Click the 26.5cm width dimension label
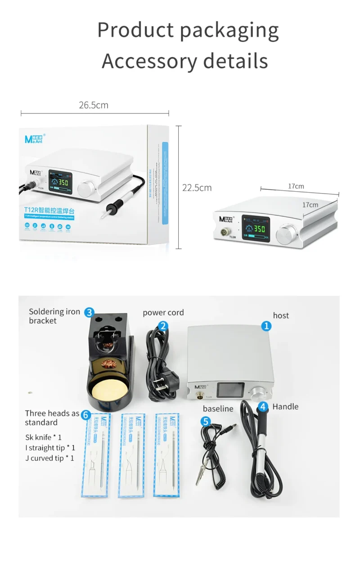[x=94, y=105]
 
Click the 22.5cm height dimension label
[x=197, y=188]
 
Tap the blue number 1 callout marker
[x=266, y=326]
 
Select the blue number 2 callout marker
[x=163, y=326]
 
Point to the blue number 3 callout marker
[x=90, y=312]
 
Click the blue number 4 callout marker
[x=263, y=407]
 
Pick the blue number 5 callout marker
[x=206, y=422]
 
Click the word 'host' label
[x=281, y=315]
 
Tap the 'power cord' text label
[x=163, y=312]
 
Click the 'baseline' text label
[x=218, y=409]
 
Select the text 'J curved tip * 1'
[x=49, y=458]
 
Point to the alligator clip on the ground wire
[x=200, y=474]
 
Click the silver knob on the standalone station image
[x=287, y=235]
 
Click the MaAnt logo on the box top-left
[x=34, y=138]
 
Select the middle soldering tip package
[x=131, y=455]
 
